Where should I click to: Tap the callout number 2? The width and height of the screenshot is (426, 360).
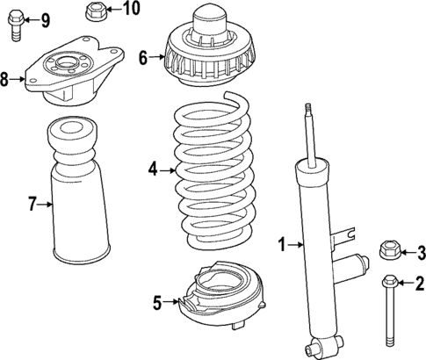point(419,283)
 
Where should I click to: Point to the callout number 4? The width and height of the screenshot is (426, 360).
point(152,170)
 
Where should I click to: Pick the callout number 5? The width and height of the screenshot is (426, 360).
point(157,303)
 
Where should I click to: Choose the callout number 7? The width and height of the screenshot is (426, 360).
point(32,205)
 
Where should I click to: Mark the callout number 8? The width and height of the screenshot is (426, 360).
point(5,80)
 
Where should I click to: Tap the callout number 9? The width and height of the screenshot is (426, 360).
point(45,19)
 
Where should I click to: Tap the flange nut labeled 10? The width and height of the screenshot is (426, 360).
point(96,11)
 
